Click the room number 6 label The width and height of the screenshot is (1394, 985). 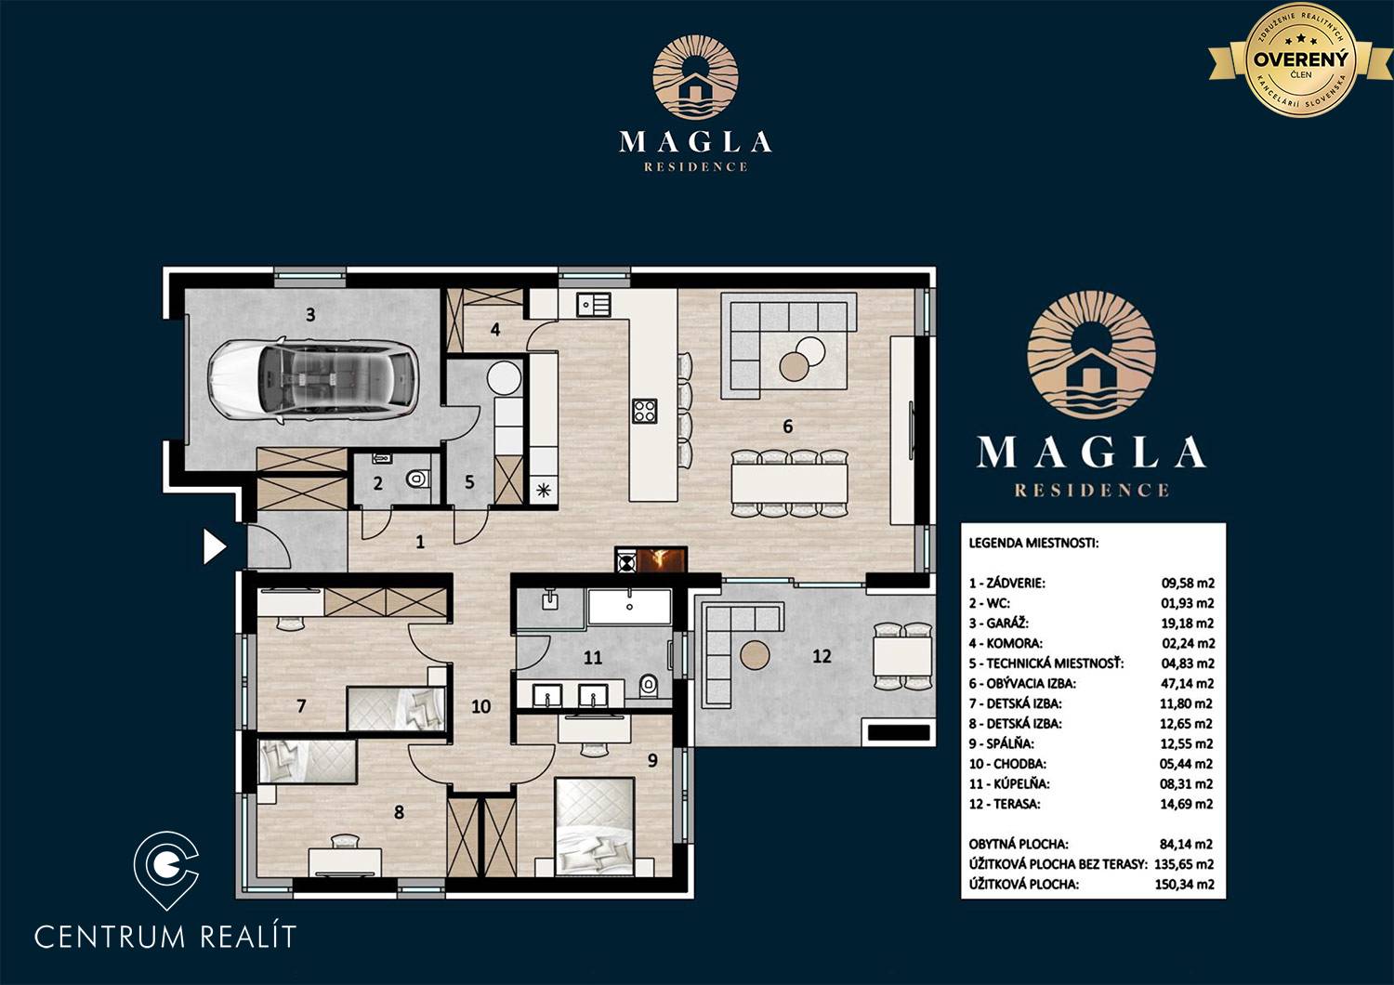[x=788, y=427]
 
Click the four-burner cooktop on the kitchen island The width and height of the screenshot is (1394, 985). [x=645, y=410]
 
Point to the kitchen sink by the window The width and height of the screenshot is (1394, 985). [x=593, y=304]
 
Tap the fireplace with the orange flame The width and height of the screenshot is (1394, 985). [x=651, y=559]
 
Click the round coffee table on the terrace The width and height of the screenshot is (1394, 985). [x=755, y=654]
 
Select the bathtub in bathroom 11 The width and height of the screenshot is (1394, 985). [x=630, y=607]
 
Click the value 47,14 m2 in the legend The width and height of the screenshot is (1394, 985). [x=1188, y=683]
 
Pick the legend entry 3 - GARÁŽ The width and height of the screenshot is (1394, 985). [x=998, y=623]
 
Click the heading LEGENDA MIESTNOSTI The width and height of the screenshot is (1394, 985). [x=1033, y=543]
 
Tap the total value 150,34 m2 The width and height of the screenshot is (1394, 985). [x=1184, y=884]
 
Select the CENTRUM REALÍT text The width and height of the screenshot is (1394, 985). [x=164, y=936]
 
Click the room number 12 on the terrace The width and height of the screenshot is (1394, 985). [x=822, y=656]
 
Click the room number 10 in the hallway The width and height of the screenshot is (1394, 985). [x=481, y=706]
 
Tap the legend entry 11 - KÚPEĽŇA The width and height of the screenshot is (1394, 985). [x=1008, y=783]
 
